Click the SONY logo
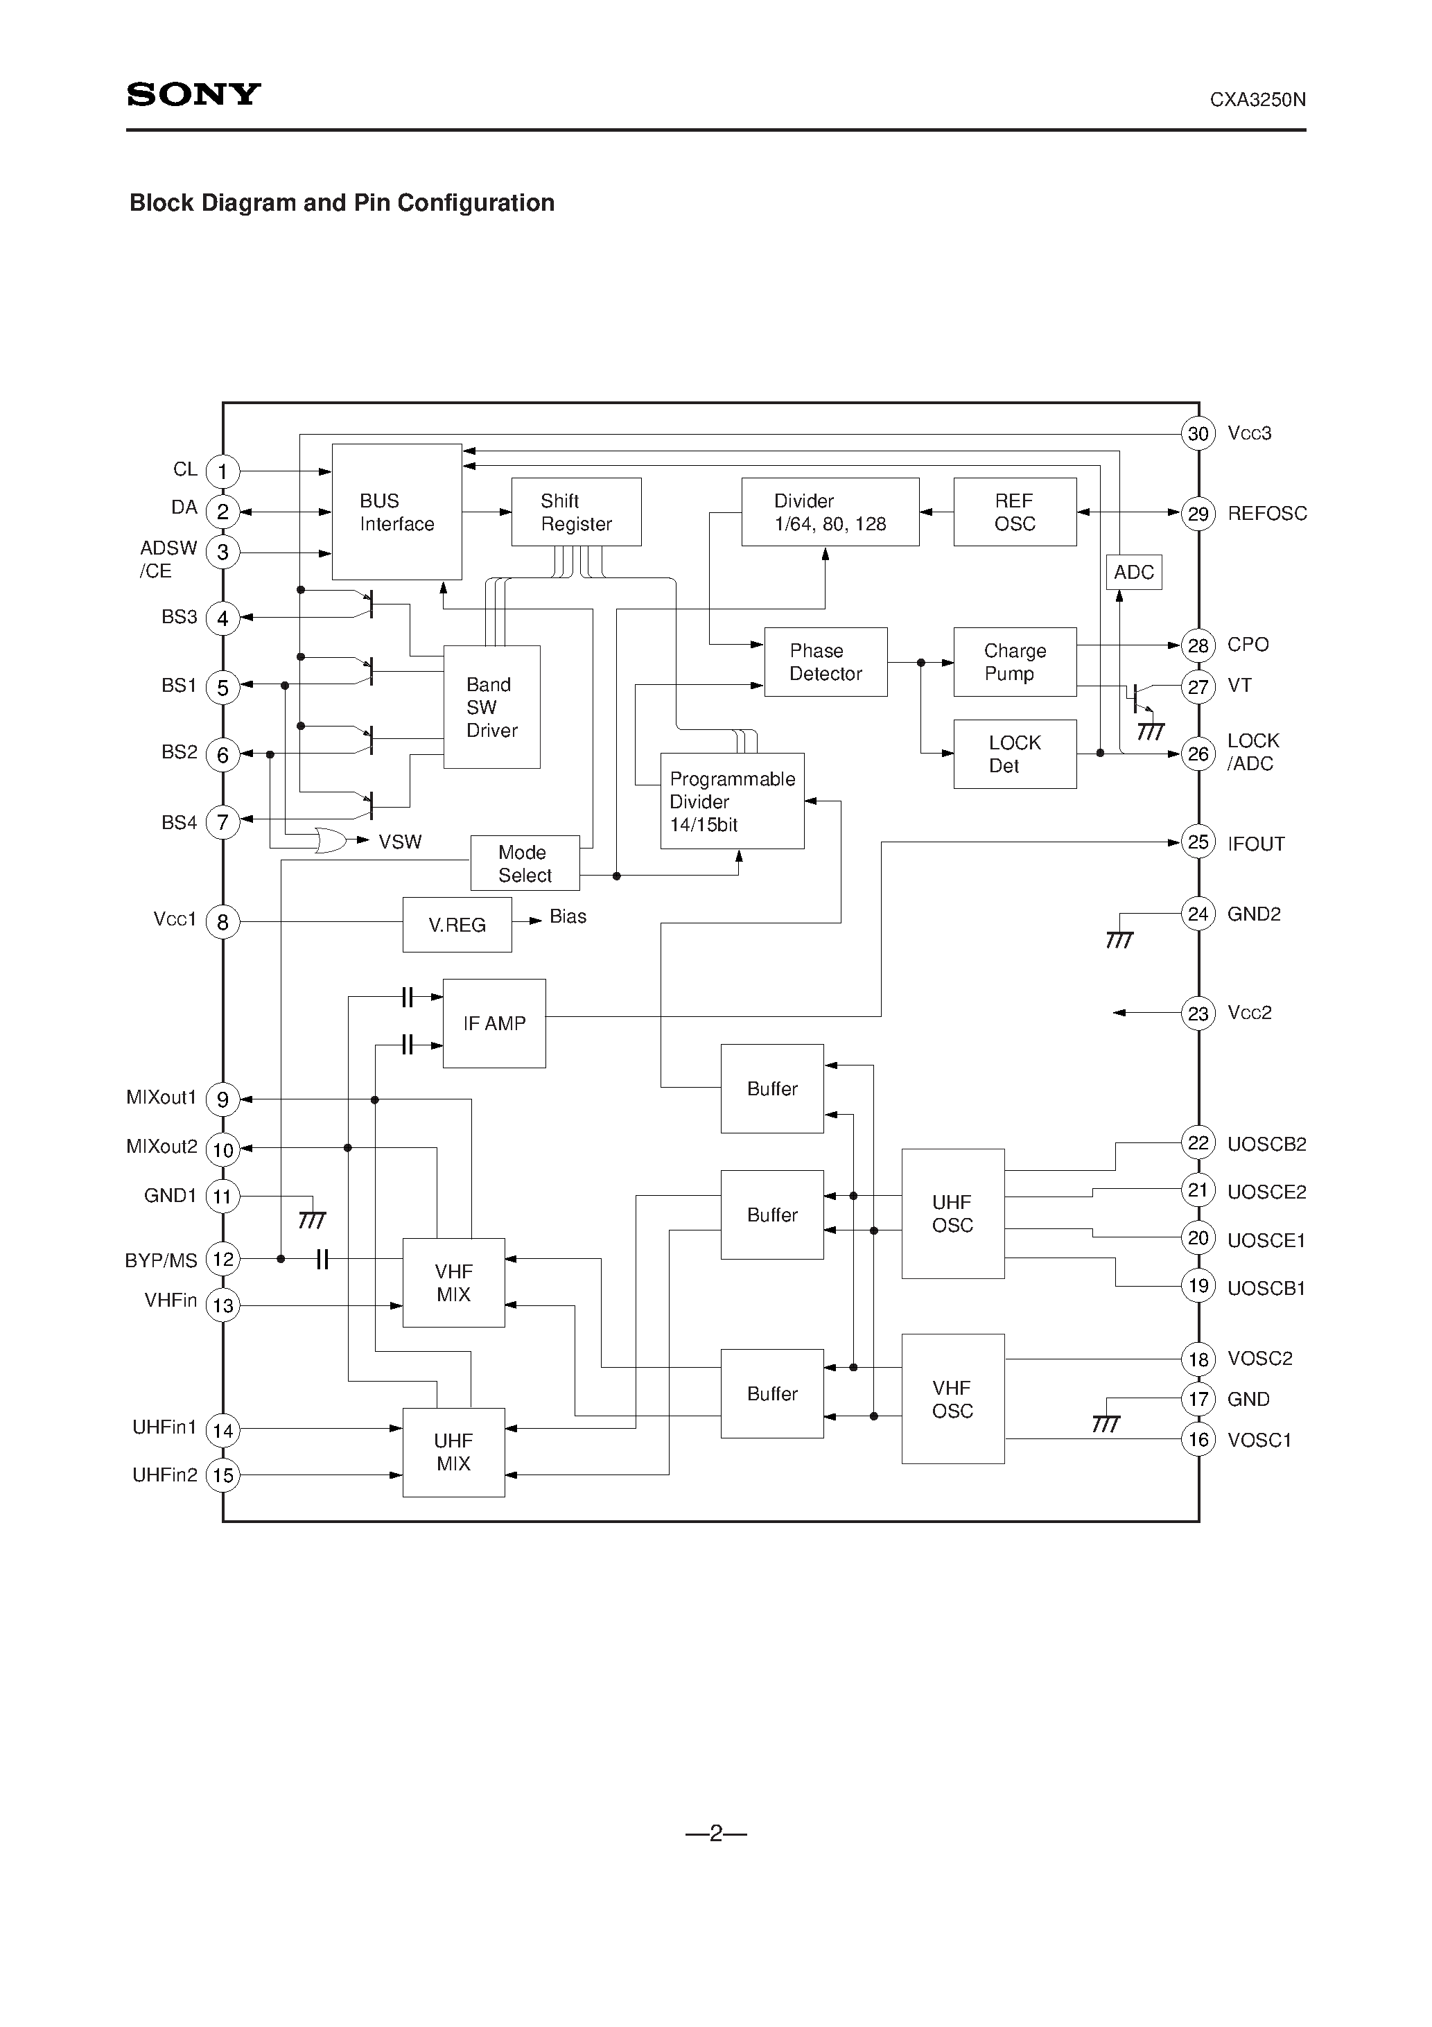193,94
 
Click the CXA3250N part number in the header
1257,101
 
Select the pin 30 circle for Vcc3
1197,433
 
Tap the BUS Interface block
396,512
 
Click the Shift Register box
575,512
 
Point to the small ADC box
1133,572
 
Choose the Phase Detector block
826,662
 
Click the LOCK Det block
1015,754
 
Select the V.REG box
457,924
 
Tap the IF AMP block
494,1023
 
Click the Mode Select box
525,864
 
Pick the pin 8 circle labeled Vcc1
222,923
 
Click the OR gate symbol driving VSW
330,840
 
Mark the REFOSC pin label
1266,514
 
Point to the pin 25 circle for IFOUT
1197,842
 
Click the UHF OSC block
952,1213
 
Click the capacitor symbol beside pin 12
322,1259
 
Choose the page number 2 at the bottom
715,1834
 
